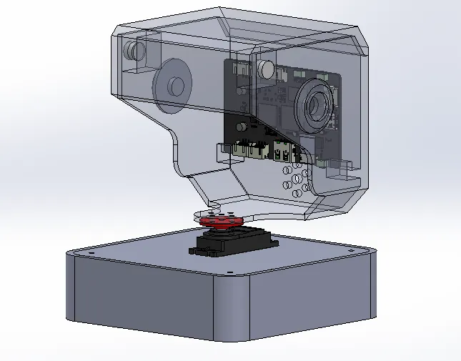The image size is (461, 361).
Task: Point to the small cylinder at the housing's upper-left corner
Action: (x=134, y=51)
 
